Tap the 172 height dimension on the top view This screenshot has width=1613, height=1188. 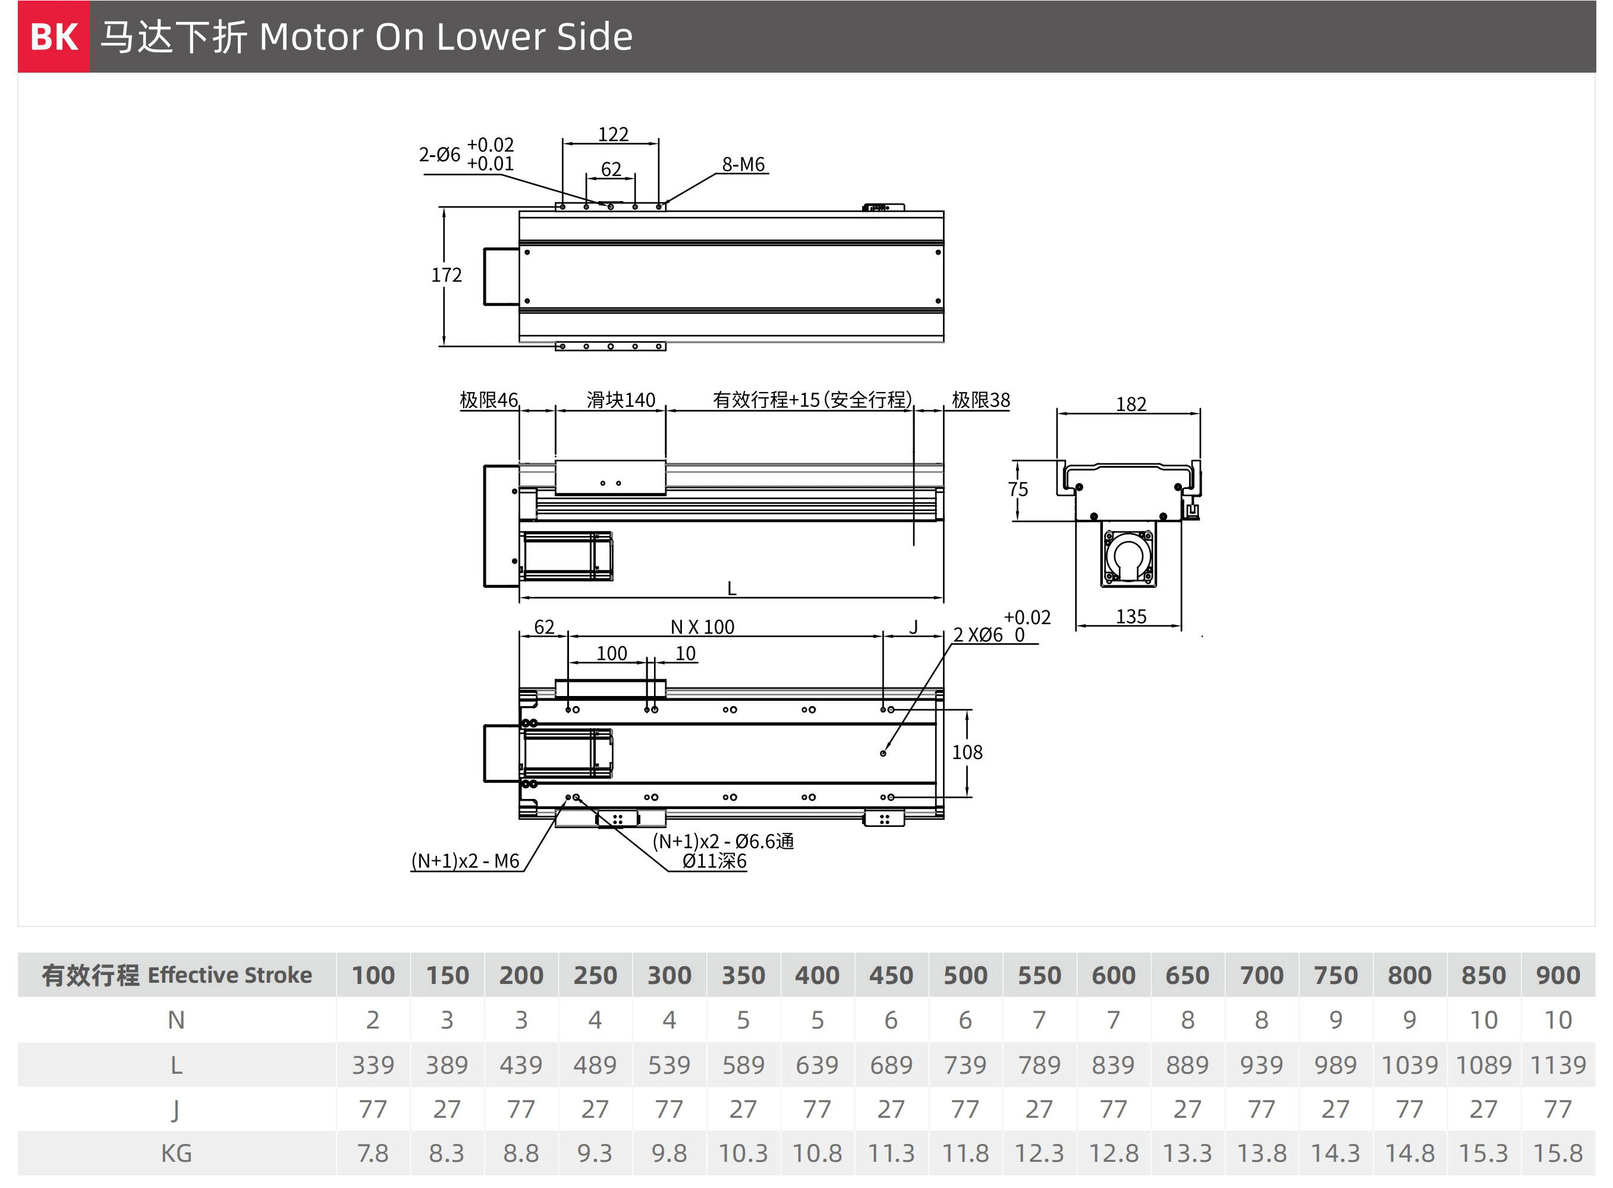(447, 275)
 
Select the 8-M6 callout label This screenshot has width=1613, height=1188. (743, 164)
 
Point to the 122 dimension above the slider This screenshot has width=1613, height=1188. (613, 134)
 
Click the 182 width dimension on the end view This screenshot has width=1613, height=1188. (1131, 404)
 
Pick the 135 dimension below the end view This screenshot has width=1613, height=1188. (1131, 616)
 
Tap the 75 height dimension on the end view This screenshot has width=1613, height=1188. (1018, 489)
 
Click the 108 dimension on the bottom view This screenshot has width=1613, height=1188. (967, 752)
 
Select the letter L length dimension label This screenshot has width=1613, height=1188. (732, 588)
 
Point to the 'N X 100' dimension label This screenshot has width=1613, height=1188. (702, 627)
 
